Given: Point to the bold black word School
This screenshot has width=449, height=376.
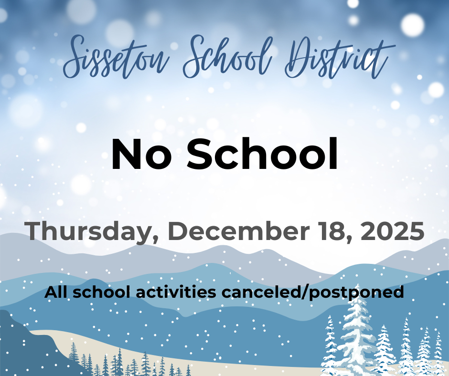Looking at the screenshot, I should click(262, 154).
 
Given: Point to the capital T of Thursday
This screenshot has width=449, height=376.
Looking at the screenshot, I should click(35, 231).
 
